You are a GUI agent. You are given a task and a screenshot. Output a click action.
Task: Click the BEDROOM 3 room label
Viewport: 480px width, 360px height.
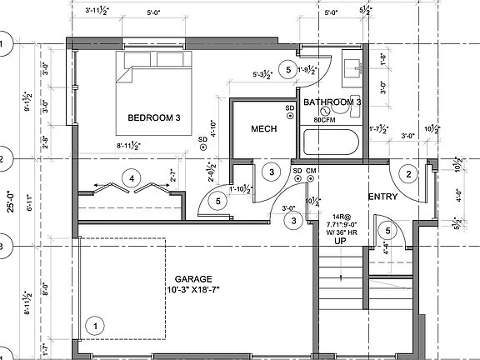(153, 118)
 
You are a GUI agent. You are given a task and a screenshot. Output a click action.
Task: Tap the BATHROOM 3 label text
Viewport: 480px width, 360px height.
(332, 102)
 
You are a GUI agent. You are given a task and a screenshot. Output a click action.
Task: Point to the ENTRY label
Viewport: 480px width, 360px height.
(382, 197)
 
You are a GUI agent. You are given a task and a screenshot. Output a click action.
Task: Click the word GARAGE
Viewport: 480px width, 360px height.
(193, 279)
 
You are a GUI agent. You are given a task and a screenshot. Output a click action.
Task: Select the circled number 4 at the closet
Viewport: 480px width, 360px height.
(129, 177)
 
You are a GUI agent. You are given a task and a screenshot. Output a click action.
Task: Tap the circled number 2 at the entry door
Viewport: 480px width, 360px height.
(408, 173)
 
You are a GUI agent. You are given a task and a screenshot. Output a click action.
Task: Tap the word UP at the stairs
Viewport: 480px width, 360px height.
(340, 241)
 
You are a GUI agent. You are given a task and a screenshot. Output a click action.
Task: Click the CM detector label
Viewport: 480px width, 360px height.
(311, 172)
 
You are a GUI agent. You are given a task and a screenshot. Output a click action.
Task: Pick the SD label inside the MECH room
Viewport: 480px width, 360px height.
(290, 108)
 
